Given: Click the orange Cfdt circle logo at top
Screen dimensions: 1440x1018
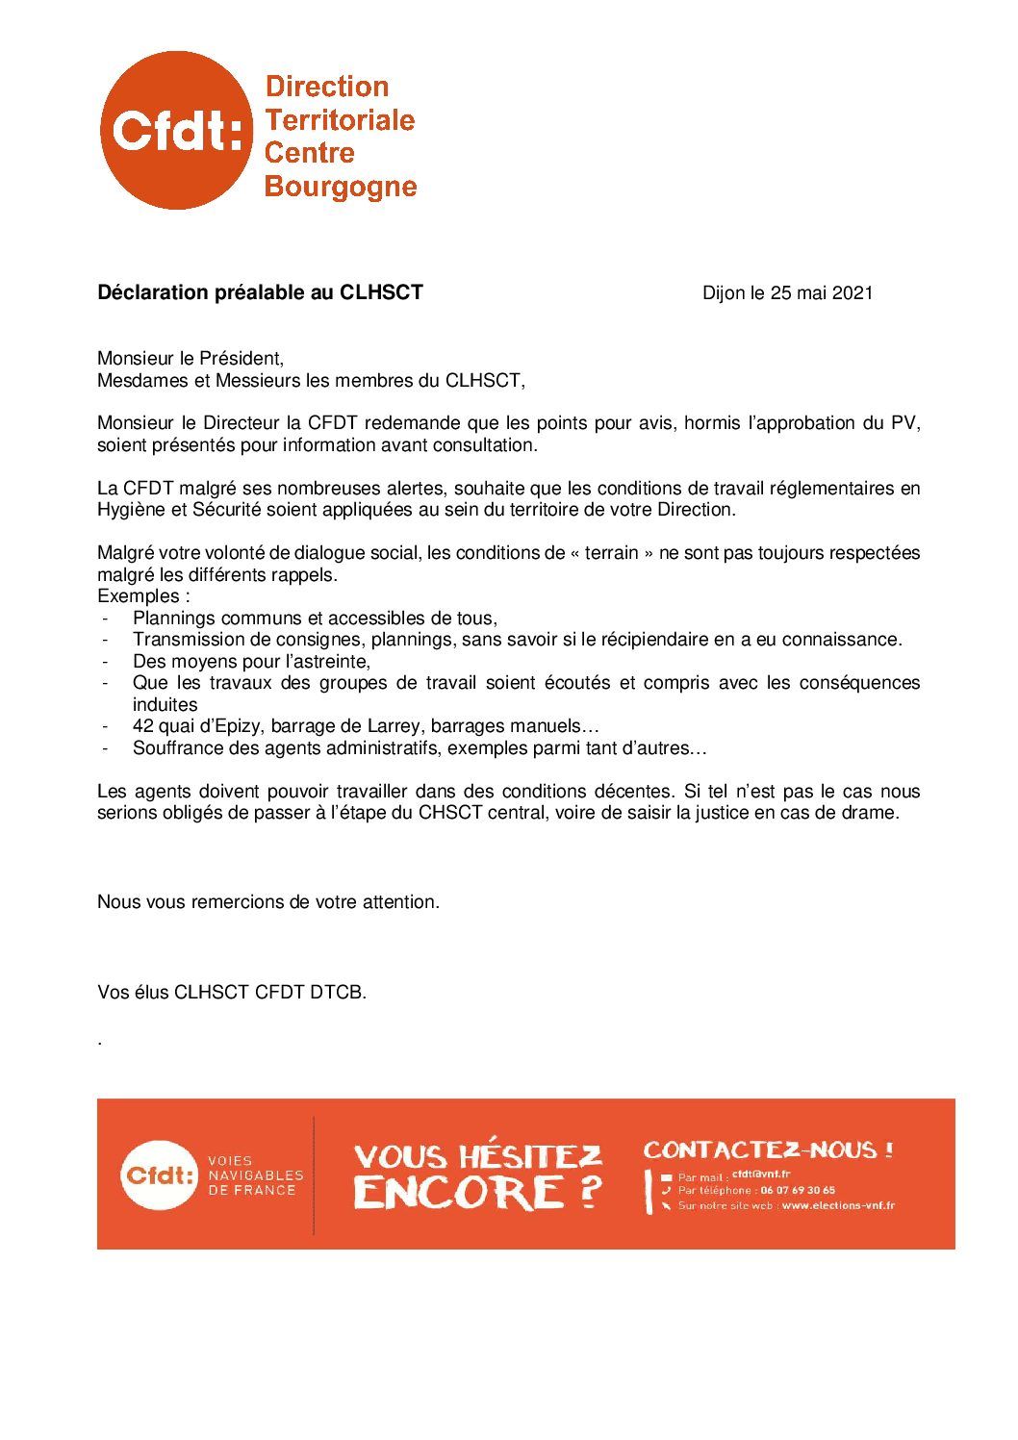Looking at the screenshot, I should (x=176, y=131).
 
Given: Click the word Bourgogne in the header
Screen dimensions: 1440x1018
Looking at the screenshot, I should (x=340, y=186).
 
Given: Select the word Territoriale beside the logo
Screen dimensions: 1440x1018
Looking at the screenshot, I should (x=340, y=120).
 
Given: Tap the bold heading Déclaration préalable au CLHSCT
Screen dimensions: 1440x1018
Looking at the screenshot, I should (x=260, y=292).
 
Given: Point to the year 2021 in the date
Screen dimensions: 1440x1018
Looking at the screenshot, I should (x=852, y=292).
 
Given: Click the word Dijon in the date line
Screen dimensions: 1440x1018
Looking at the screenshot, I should (x=724, y=292).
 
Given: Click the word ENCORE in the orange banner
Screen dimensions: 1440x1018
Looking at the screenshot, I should (x=458, y=1193).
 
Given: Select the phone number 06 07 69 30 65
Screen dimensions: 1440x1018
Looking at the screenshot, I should (x=797, y=1190).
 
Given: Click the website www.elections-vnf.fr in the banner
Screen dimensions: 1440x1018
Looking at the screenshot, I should (x=837, y=1205).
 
